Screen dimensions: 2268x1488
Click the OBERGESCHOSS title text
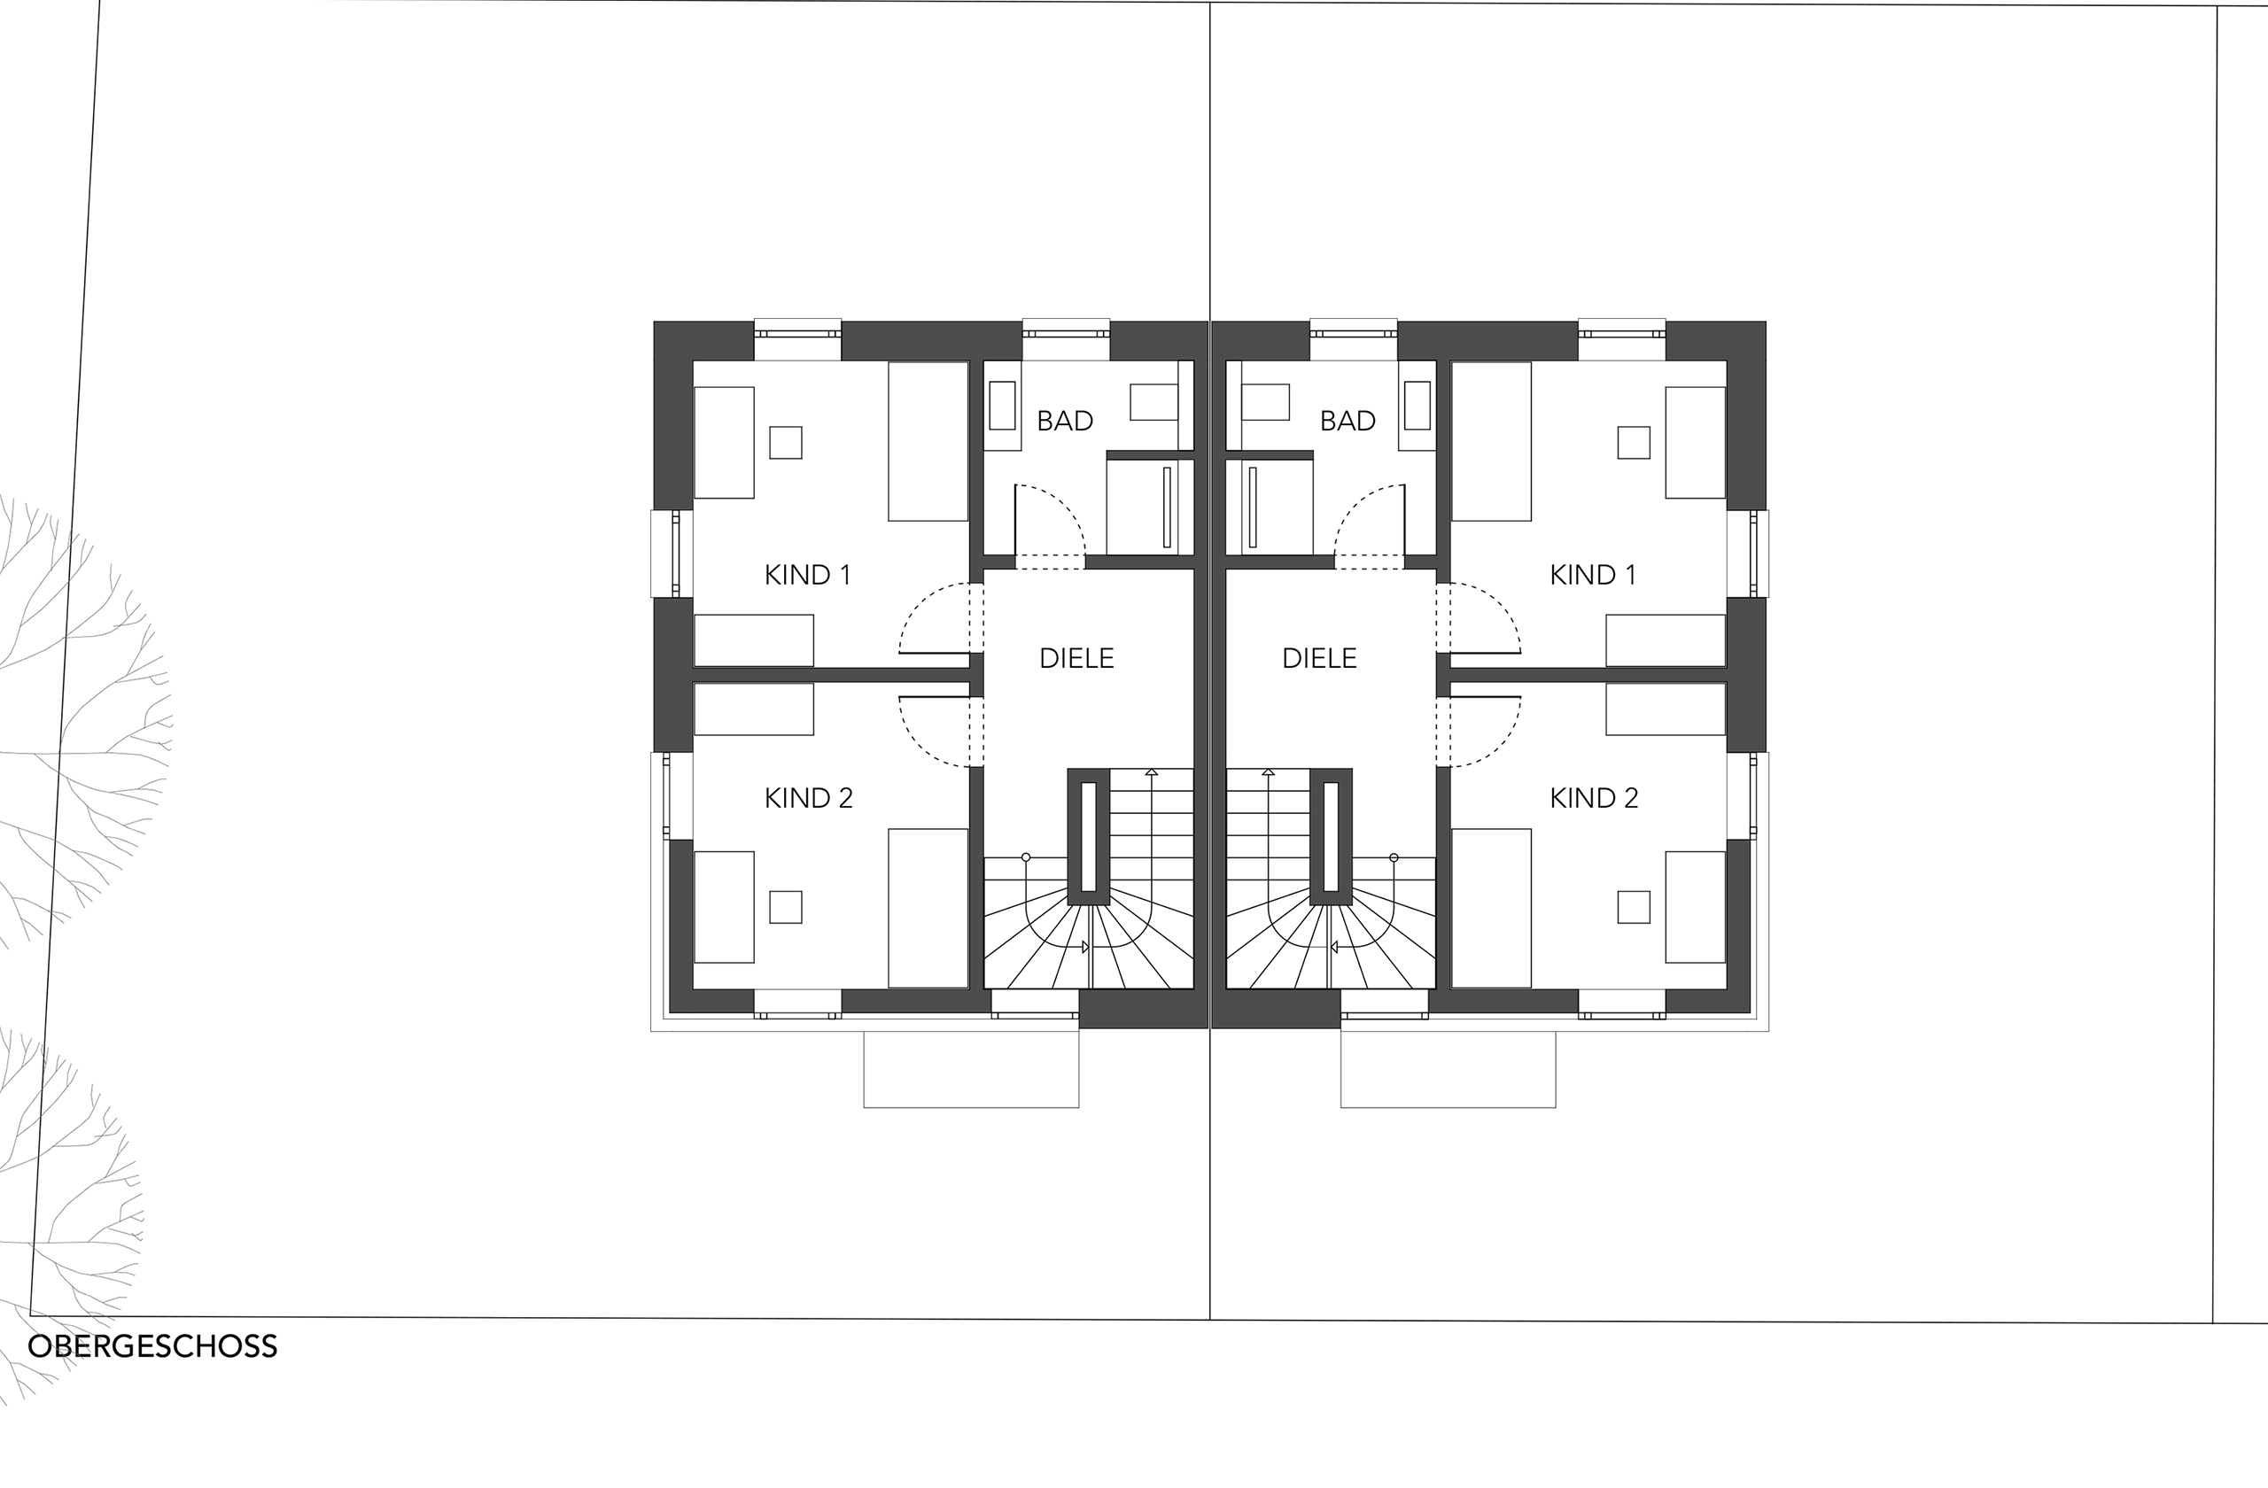coord(152,1347)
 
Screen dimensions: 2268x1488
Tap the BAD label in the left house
coord(1064,421)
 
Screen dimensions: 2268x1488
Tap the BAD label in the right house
coord(1348,421)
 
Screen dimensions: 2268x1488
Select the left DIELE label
coord(1076,658)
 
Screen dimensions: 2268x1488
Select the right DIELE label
coord(1319,658)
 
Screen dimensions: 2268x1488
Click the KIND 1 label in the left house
coord(807,576)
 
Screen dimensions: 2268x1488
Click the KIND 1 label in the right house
coord(1592,576)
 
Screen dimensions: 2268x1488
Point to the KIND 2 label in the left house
coord(808,798)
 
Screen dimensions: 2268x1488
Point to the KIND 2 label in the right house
coord(1593,798)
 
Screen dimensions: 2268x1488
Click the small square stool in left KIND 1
coord(785,443)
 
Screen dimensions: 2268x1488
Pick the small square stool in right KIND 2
coord(1634,907)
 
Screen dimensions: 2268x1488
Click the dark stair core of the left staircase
coord(1088,836)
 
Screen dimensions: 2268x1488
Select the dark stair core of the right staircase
coord(1331,836)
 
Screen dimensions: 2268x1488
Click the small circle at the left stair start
coord(1026,857)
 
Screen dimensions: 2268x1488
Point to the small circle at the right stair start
coord(1394,857)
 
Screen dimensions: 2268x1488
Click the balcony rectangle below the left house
coord(971,1108)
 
